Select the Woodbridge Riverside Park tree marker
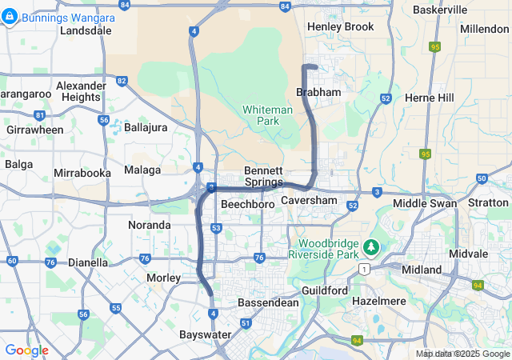pyautogui.click(x=370, y=246)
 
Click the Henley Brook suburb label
pyautogui.click(x=340, y=26)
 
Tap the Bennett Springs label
pyautogui.click(x=263, y=176)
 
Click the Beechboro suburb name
pyautogui.click(x=248, y=205)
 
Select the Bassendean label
pyautogui.click(x=268, y=303)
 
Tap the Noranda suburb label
pyautogui.click(x=150, y=225)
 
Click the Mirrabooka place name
pyautogui.click(x=82, y=173)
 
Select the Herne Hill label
pyautogui.click(x=430, y=98)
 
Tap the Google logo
pyautogui.click(x=26, y=350)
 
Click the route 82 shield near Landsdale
pyautogui.click(x=122, y=81)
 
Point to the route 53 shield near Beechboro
pyautogui.click(x=217, y=229)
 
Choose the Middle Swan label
pyautogui.click(x=425, y=203)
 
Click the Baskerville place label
pyautogui.click(x=440, y=10)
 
